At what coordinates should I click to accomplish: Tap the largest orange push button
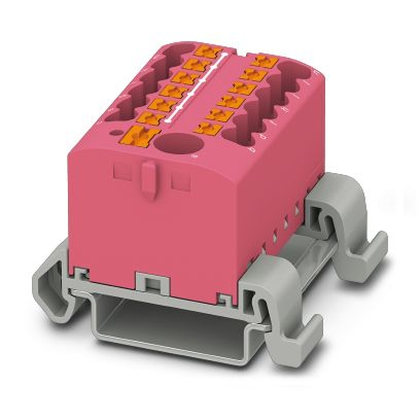tap(141, 136)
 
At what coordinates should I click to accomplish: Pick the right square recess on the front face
tap(181, 180)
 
